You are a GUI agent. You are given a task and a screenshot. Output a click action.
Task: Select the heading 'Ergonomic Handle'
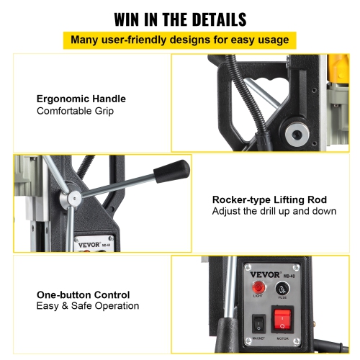[81, 99]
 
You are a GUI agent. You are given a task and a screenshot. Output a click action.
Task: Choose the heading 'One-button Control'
[83, 294]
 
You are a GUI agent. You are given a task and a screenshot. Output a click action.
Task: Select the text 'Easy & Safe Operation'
[87, 307]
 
